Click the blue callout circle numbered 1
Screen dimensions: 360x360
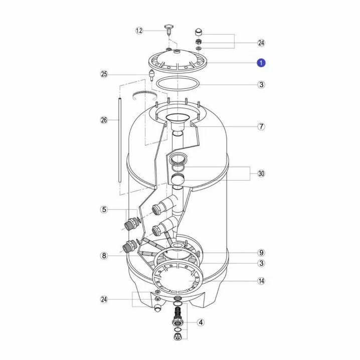(261, 63)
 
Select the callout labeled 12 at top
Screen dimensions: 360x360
(139, 31)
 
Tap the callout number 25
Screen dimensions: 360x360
(104, 74)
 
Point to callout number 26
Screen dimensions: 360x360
(104, 120)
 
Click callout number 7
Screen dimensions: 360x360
(261, 126)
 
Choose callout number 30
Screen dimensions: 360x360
(261, 173)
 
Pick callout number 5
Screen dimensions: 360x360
(104, 210)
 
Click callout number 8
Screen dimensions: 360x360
(104, 256)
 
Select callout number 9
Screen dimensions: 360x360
(261, 253)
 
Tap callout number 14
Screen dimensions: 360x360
(261, 281)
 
